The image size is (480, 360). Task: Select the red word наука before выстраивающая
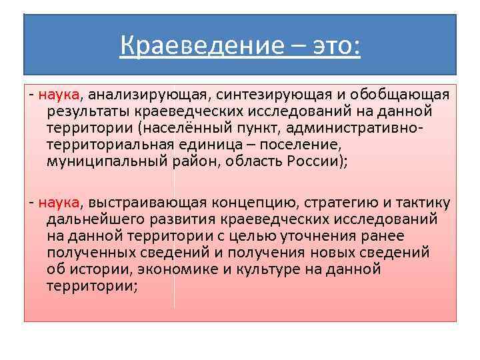pos(59,202)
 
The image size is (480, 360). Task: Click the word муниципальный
pos(105,161)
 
